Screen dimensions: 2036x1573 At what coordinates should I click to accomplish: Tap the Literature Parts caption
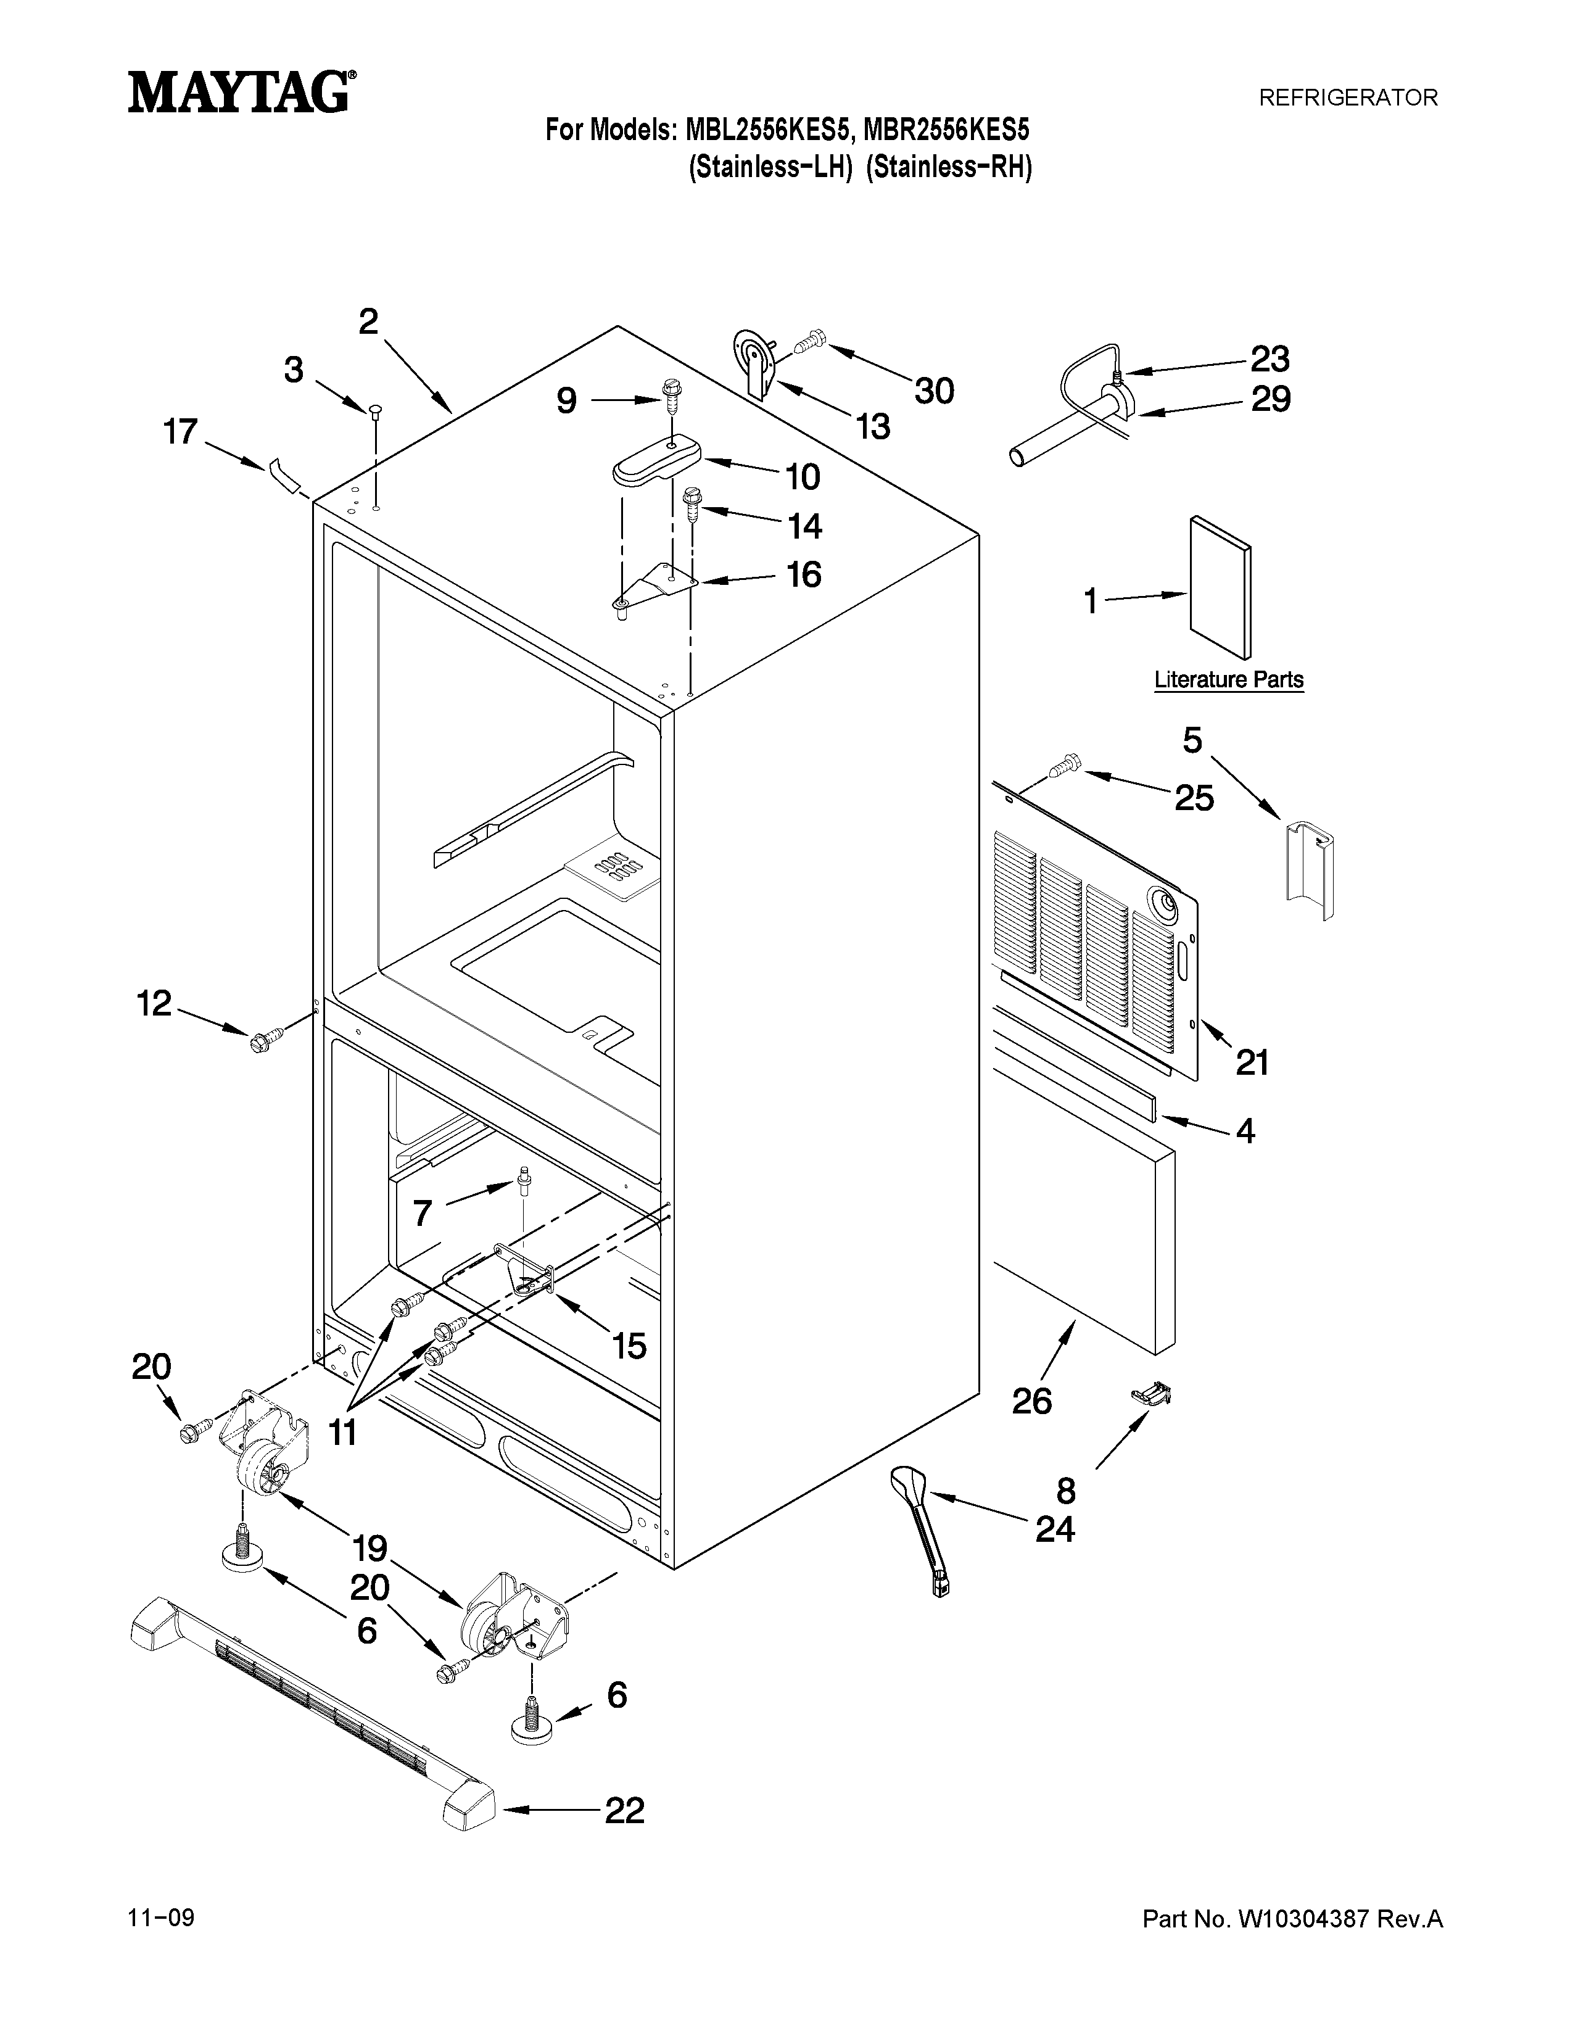(x=1228, y=680)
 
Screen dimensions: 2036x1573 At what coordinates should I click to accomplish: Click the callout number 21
(x=1252, y=1062)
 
